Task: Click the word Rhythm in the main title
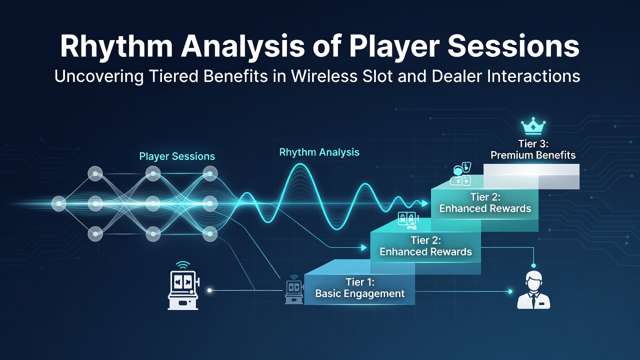(116, 47)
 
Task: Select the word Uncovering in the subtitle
(99, 76)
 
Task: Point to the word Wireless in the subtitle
(324, 76)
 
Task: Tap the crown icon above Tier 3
(533, 126)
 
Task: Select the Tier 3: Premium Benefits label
(533, 149)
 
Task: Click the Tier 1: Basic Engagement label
(359, 287)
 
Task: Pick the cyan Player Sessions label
(177, 156)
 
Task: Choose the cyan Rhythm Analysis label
(319, 152)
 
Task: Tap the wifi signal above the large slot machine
(183, 265)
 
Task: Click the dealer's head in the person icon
(533, 280)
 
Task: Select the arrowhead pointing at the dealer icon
(510, 291)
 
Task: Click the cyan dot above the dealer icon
(533, 265)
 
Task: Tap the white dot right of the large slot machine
(209, 290)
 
